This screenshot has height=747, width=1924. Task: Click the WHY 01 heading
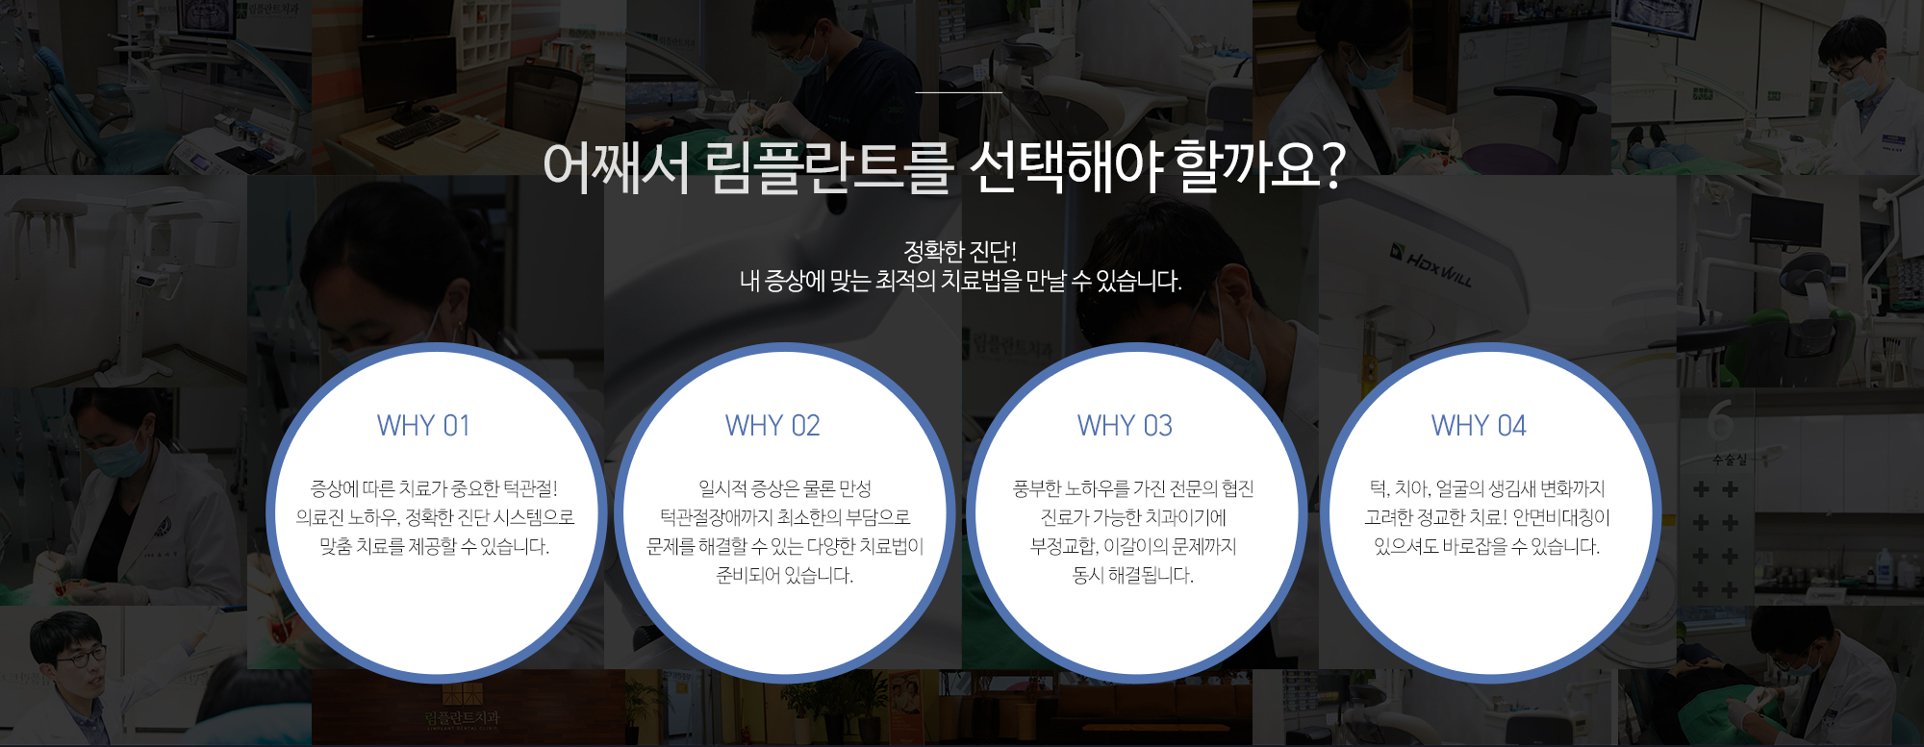point(423,426)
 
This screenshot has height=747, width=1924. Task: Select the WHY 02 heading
point(772,426)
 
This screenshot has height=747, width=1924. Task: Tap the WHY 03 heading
point(1125,426)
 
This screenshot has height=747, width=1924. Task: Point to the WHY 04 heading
point(1479,426)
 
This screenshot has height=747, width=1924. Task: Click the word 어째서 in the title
point(617,167)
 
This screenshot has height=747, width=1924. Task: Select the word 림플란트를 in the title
point(828,167)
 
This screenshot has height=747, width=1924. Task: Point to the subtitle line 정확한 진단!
point(960,252)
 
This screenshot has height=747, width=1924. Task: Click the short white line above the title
point(959,92)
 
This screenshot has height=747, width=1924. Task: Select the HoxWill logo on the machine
point(1430,265)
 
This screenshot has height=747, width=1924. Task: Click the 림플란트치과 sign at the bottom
point(462,718)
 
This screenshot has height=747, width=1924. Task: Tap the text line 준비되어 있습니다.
point(785,575)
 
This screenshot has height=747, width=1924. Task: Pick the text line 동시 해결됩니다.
point(1133,575)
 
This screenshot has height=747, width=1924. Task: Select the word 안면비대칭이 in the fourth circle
point(1561,517)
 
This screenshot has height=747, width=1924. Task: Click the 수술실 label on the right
point(1730,460)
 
